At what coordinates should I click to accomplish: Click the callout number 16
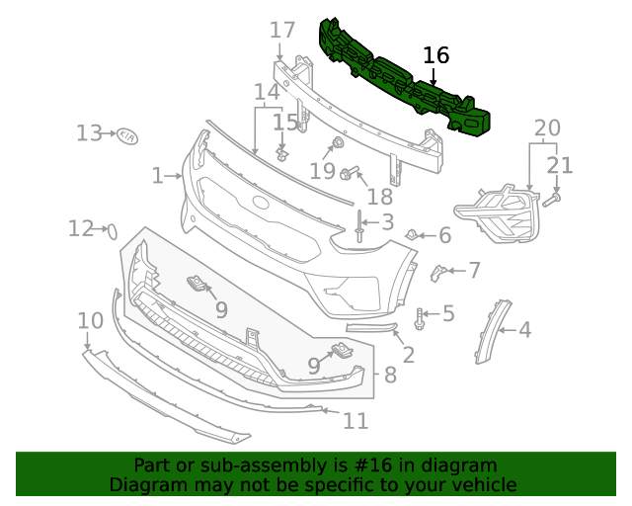click(x=435, y=55)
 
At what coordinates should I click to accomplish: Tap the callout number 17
click(x=282, y=31)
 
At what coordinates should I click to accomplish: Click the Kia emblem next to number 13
click(x=128, y=135)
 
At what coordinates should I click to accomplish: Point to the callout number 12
click(x=80, y=229)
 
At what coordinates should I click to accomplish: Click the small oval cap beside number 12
click(x=112, y=232)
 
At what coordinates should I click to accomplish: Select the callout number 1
click(x=157, y=176)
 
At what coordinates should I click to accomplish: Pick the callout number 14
click(x=267, y=93)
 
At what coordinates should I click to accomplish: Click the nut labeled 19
click(x=338, y=144)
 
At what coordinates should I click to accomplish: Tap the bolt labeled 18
click(x=348, y=175)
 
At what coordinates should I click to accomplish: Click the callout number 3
click(x=387, y=222)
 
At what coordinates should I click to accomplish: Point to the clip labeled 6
click(x=411, y=234)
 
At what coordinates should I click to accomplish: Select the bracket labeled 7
click(x=437, y=272)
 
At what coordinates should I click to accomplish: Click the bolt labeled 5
click(x=422, y=318)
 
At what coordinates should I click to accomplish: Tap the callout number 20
click(x=546, y=127)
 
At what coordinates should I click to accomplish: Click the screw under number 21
click(x=551, y=199)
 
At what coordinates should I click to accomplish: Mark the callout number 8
click(x=389, y=375)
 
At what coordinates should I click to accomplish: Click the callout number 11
click(x=355, y=421)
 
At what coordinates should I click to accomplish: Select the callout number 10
click(x=90, y=320)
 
